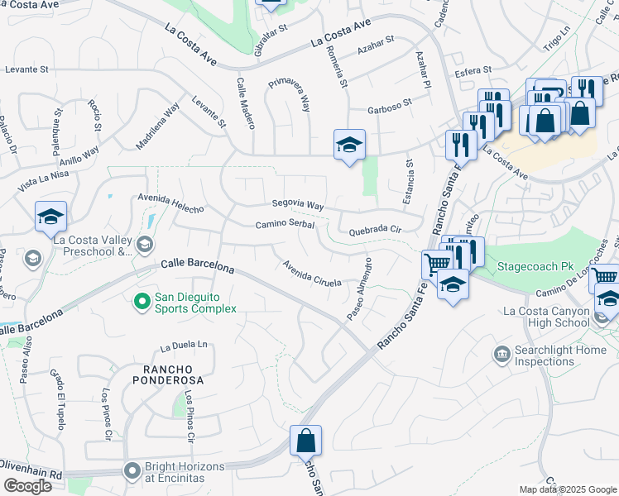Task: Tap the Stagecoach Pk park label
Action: coord(535,267)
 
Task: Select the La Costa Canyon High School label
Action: coord(548,317)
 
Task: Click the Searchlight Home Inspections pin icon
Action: coord(501,355)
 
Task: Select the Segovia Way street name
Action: coord(297,204)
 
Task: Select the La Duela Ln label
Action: coord(184,345)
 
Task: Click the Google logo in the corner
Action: coord(26,486)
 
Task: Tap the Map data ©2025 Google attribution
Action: coord(568,489)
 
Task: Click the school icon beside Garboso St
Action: coord(349,145)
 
